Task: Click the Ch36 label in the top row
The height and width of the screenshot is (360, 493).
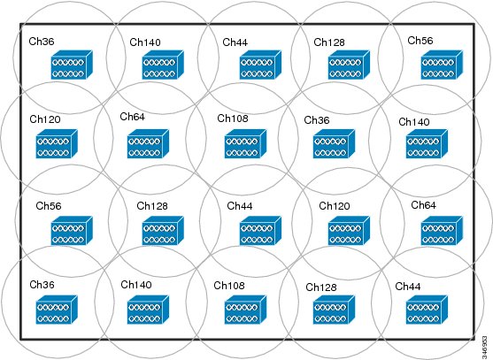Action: pyautogui.click(x=42, y=42)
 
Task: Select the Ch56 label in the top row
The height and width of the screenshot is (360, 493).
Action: pyautogui.click(x=420, y=41)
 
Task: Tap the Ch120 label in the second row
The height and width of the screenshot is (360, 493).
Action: pyautogui.click(x=45, y=119)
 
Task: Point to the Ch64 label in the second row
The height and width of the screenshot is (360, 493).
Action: pyautogui.click(x=133, y=117)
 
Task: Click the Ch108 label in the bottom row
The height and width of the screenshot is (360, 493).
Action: pyautogui.click(x=229, y=286)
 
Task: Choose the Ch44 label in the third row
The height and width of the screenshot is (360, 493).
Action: pyautogui.click(x=240, y=206)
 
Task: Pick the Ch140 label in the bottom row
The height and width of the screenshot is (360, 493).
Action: pyautogui.click(x=136, y=285)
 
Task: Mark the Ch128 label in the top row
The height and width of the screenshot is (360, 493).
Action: pyautogui.click(x=329, y=42)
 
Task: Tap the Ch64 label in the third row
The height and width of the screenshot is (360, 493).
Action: pyautogui.click(x=423, y=205)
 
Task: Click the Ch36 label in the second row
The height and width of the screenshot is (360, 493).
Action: pyautogui.click(x=317, y=120)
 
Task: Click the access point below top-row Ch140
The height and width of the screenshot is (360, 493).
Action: pyautogui.click(x=163, y=65)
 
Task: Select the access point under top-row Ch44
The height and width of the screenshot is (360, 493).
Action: pyautogui.click(x=260, y=65)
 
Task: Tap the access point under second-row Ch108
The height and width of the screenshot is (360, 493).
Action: pyautogui.click(x=245, y=144)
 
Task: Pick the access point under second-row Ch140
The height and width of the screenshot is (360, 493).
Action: pyautogui.click(x=427, y=144)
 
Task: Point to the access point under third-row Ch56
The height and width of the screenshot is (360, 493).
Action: pyautogui.click(x=72, y=231)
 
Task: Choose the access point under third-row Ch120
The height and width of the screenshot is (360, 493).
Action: pyautogui.click(x=349, y=231)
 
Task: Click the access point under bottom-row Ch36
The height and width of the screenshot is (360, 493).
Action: pyautogui.click(x=57, y=310)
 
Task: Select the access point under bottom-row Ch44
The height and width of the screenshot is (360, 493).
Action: pyautogui.click(x=427, y=310)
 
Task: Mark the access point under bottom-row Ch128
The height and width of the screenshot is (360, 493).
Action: pyautogui.click(x=334, y=310)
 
